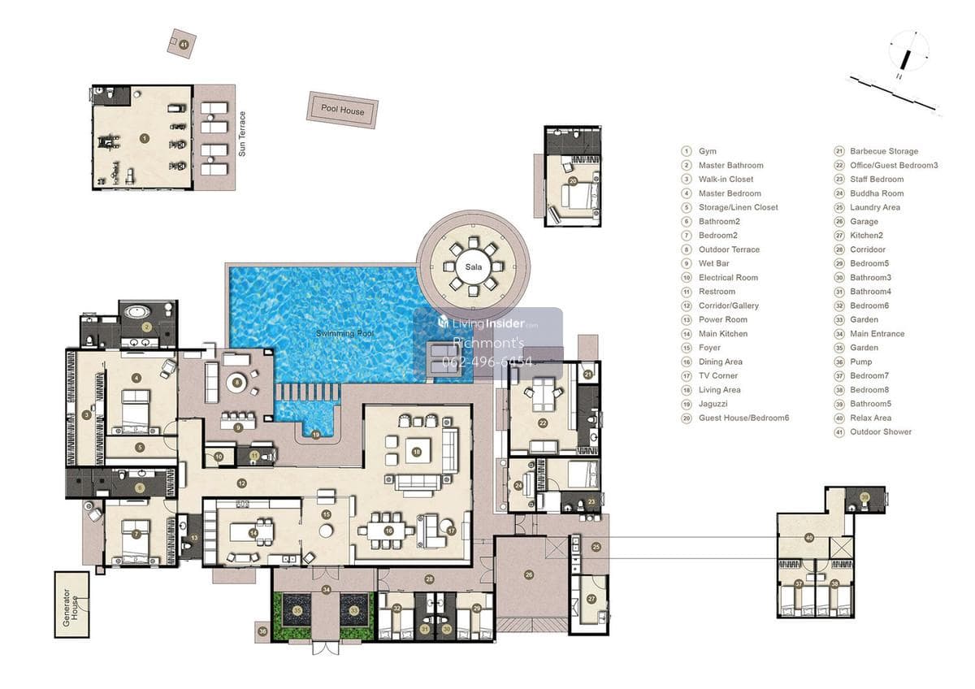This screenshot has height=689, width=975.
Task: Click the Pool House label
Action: pyautogui.click(x=342, y=110)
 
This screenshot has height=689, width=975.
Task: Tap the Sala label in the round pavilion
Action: pyautogui.click(x=473, y=266)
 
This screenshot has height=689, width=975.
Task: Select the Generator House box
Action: pyautogui.click(x=72, y=604)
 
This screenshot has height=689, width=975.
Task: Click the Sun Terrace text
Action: pyautogui.click(x=241, y=134)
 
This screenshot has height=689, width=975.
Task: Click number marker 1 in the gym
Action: pyautogui.click(x=144, y=139)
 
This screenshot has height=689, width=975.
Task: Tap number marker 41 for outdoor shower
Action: pyautogui.click(x=184, y=44)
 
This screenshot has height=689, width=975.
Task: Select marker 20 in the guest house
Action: pyautogui.click(x=573, y=181)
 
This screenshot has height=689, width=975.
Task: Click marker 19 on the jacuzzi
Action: pyautogui.click(x=315, y=435)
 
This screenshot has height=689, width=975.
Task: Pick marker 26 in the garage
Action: pyautogui.click(x=529, y=574)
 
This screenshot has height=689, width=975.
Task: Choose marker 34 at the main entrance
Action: pyautogui.click(x=326, y=589)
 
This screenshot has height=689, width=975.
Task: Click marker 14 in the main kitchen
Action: pyautogui.click(x=254, y=533)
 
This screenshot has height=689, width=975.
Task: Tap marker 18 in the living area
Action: pyautogui.click(x=417, y=452)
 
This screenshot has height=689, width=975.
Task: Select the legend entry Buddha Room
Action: pyautogui.click(x=876, y=193)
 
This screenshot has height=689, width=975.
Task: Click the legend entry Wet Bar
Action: pyautogui.click(x=713, y=263)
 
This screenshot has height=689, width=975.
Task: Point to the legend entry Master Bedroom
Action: pyautogui.click(x=729, y=193)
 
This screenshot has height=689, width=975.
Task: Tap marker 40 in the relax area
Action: pyautogui.click(x=808, y=538)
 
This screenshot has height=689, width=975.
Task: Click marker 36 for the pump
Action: pyautogui.click(x=262, y=630)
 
